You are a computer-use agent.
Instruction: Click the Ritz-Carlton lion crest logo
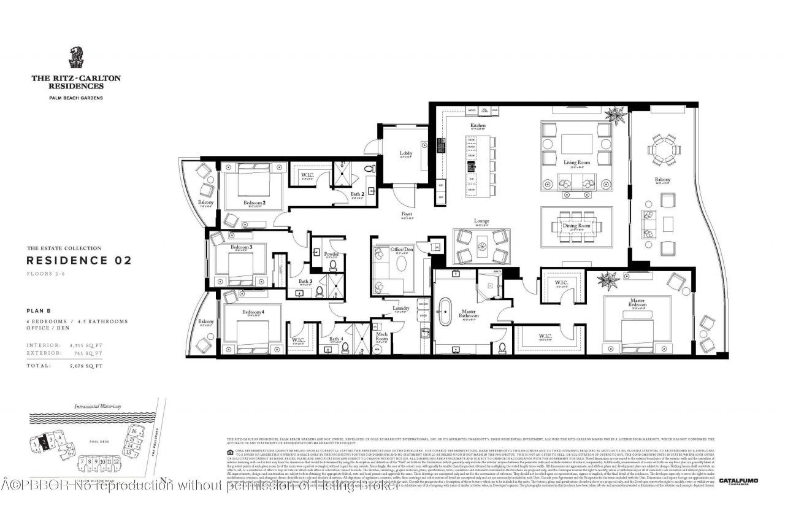(77, 58)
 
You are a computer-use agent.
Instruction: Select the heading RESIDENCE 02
(78, 260)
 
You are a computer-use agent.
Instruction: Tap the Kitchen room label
(478, 126)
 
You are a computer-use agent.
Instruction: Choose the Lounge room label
(481, 221)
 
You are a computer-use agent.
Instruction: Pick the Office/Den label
(402, 250)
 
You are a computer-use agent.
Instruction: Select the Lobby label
(406, 153)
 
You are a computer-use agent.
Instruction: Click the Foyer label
(407, 214)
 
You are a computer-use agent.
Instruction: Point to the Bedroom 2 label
(254, 202)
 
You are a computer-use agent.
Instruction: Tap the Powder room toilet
(332, 265)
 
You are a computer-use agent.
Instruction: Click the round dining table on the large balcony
(665, 148)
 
